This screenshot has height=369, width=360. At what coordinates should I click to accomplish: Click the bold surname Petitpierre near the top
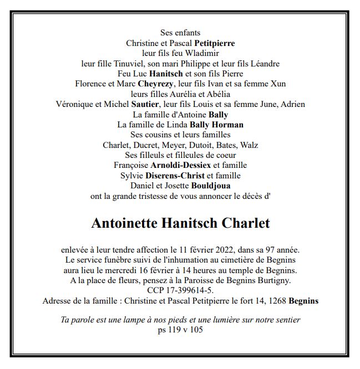pyautogui.click(x=214, y=43)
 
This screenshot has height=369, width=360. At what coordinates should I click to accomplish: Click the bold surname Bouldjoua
pyautogui.click(x=211, y=186)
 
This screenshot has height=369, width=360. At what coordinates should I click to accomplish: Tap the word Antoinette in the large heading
pyautogui.click(x=123, y=223)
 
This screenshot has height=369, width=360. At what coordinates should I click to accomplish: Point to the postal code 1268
pyautogui.click(x=275, y=301)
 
